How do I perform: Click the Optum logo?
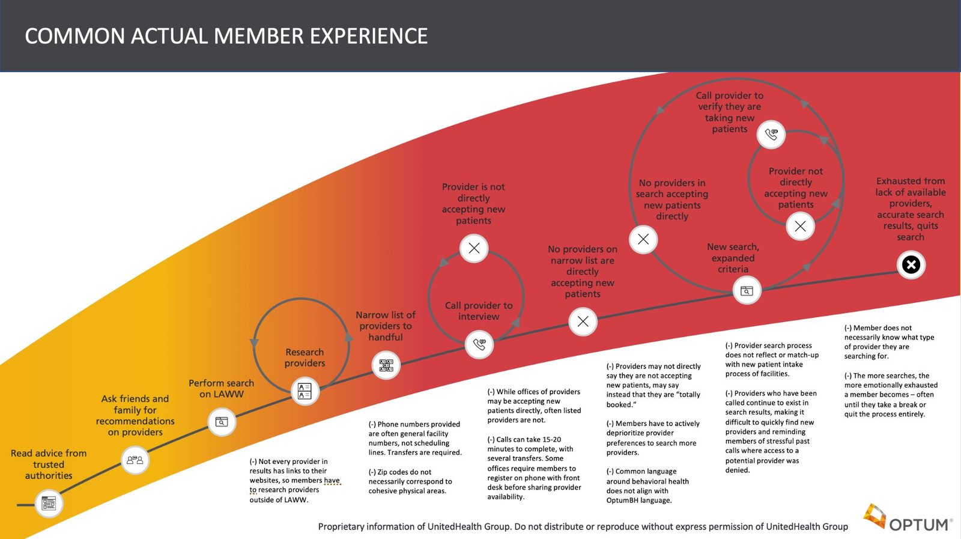(908, 519)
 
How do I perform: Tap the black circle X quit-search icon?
(911, 264)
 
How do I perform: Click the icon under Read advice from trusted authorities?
(49, 503)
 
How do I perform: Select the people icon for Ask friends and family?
(135, 460)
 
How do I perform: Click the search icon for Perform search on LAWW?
(222, 422)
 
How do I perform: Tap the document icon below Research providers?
(305, 391)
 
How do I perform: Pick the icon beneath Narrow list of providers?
(386, 365)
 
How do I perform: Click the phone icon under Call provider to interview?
(479, 344)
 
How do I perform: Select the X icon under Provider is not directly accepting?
(474, 248)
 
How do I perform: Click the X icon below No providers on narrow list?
(583, 321)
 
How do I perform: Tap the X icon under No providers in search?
(643, 239)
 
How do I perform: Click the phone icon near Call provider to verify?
(771, 134)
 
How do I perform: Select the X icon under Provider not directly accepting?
(800, 226)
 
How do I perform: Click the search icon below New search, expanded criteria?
(747, 291)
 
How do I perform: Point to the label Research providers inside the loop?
(305, 358)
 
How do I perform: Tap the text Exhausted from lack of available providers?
(910, 209)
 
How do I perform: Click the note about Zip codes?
(410, 481)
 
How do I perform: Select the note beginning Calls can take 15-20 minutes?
(533, 468)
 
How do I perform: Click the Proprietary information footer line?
(583, 526)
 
